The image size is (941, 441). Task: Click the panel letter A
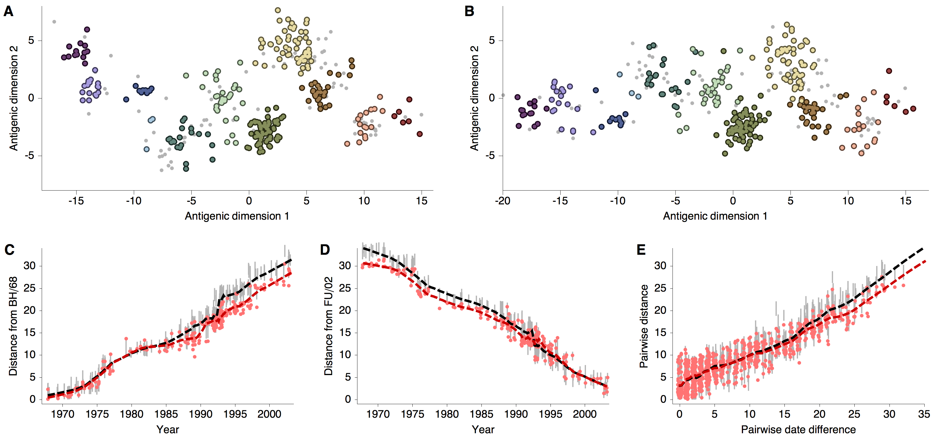8,12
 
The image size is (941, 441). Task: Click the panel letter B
469,12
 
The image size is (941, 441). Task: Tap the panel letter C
9,250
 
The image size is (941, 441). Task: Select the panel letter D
325,250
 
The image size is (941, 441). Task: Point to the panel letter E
641,250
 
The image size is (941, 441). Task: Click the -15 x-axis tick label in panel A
76,201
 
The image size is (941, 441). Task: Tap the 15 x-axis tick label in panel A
421,201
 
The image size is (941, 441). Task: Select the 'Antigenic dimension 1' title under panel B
715,216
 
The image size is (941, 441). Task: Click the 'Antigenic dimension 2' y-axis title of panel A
14,98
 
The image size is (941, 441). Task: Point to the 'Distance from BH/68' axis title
13,326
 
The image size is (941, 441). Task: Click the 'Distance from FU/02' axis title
328,326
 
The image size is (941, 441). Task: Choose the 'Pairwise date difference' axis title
798,430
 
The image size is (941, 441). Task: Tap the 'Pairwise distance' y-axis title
644,326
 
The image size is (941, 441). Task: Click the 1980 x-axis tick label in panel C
132,414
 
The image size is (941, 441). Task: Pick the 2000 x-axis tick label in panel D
584,414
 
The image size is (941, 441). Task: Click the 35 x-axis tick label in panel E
924,414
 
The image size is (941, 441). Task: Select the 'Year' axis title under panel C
168,430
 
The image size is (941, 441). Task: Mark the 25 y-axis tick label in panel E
660,288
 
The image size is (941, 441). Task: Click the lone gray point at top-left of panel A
54,22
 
